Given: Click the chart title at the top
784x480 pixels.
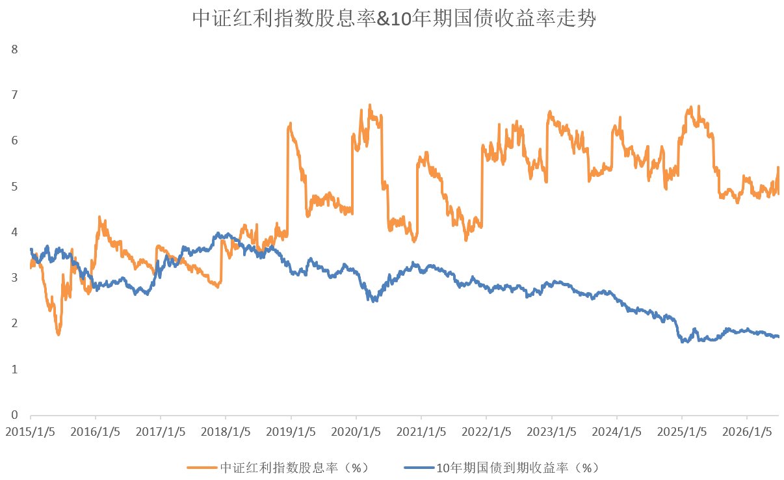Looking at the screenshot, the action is pyautogui.click(x=394, y=18).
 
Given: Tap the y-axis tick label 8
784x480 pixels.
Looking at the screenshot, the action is pyautogui.click(x=14, y=49).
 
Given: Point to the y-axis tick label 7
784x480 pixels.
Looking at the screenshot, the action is pyautogui.click(x=14, y=95).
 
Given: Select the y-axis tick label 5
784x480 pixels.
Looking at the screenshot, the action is pyautogui.click(x=14, y=186).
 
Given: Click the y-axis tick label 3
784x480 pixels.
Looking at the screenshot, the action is pyautogui.click(x=14, y=278).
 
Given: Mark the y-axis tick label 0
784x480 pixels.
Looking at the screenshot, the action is pyautogui.click(x=14, y=415).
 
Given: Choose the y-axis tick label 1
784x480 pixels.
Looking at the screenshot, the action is pyautogui.click(x=14, y=369).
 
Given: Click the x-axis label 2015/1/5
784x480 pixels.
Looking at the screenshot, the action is pyautogui.click(x=30, y=432).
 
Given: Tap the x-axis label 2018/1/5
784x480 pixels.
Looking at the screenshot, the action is pyautogui.click(x=226, y=432).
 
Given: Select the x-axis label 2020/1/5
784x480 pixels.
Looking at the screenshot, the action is pyautogui.click(x=356, y=432).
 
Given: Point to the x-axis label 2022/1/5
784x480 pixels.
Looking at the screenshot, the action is pyautogui.click(x=486, y=432).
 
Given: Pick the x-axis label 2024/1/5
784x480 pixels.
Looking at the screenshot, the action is pyautogui.click(x=617, y=432).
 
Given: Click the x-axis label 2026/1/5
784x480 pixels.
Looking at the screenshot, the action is pyautogui.click(x=747, y=432).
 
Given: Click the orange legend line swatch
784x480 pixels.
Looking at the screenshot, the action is pyautogui.click(x=202, y=468).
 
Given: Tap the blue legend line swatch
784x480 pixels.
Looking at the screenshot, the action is pyautogui.click(x=419, y=468).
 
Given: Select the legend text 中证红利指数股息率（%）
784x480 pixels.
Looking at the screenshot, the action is pyautogui.click(x=294, y=468).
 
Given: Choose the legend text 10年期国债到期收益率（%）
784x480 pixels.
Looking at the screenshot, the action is pyautogui.click(x=517, y=468).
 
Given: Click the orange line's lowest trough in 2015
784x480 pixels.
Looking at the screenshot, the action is pyautogui.click(x=59, y=334).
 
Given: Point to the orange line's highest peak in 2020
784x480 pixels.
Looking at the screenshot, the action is pyautogui.click(x=370, y=105).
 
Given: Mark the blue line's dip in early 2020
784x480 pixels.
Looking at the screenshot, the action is pyautogui.click(x=374, y=300).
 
